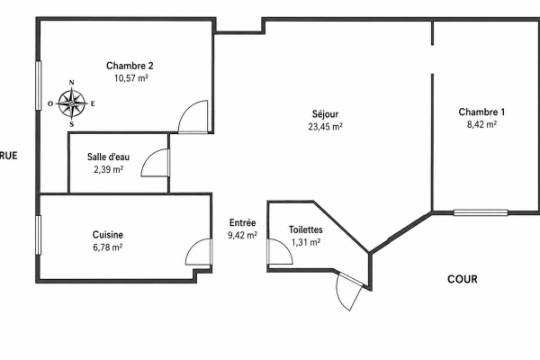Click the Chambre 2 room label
click(x=130, y=66)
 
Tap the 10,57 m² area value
click(x=131, y=78)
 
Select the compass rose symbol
click(x=72, y=103)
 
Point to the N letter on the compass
click(x=72, y=82)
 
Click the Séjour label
click(x=326, y=113)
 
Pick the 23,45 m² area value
click(x=325, y=127)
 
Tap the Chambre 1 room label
click(x=481, y=112)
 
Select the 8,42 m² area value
click(x=481, y=124)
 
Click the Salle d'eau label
click(x=109, y=157)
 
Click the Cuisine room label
click(x=108, y=235)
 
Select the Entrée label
click(x=242, y=223)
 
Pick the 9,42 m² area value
click(x=242, y=235)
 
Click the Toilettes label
click(x=306, y=229)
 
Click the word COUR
click(x=463, y=279)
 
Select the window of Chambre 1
click(x=481, y=212)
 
